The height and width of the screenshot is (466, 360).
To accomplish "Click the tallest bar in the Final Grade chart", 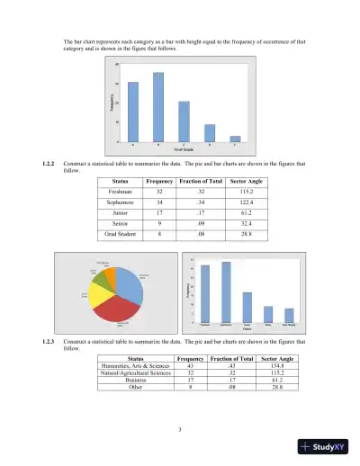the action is (x=158, y=107).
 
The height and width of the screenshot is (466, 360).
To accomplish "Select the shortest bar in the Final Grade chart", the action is (x=235, y=139).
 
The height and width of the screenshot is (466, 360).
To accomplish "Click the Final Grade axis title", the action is (x=184, y=148).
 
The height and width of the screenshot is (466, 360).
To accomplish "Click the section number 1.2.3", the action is (x=49, y=343).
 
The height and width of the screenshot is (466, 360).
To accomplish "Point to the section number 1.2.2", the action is (x=49, y=163).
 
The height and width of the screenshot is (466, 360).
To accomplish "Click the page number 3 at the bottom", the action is (x=180, y=427).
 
